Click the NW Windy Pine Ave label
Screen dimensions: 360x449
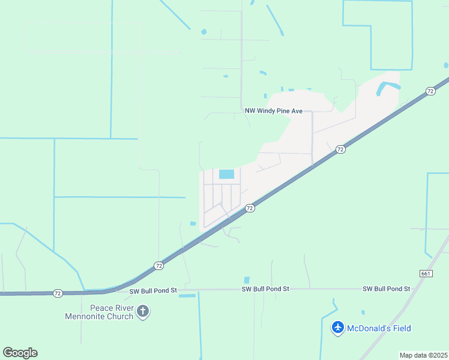tap(273, 111)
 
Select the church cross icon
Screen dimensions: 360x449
tap(143, 311)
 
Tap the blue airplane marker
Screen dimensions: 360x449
tap(338, 328)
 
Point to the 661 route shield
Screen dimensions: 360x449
tap(424, 273)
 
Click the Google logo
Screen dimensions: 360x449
tap(20, 352)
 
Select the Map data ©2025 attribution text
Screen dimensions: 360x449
tap(423, 355)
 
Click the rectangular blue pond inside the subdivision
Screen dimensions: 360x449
tap(226, 174)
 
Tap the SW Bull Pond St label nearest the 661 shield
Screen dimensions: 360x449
tap(386, 289)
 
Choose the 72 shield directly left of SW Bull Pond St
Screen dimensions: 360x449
tap(58, 293)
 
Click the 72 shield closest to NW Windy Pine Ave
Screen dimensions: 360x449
tap(340, 149)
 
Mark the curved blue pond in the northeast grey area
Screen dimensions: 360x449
tap(388, 88)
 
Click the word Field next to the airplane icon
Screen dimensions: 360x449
tap(400, 328)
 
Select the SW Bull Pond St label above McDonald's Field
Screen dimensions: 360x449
tap(265, 289)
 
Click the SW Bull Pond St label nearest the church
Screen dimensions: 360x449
tap(153, 290)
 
